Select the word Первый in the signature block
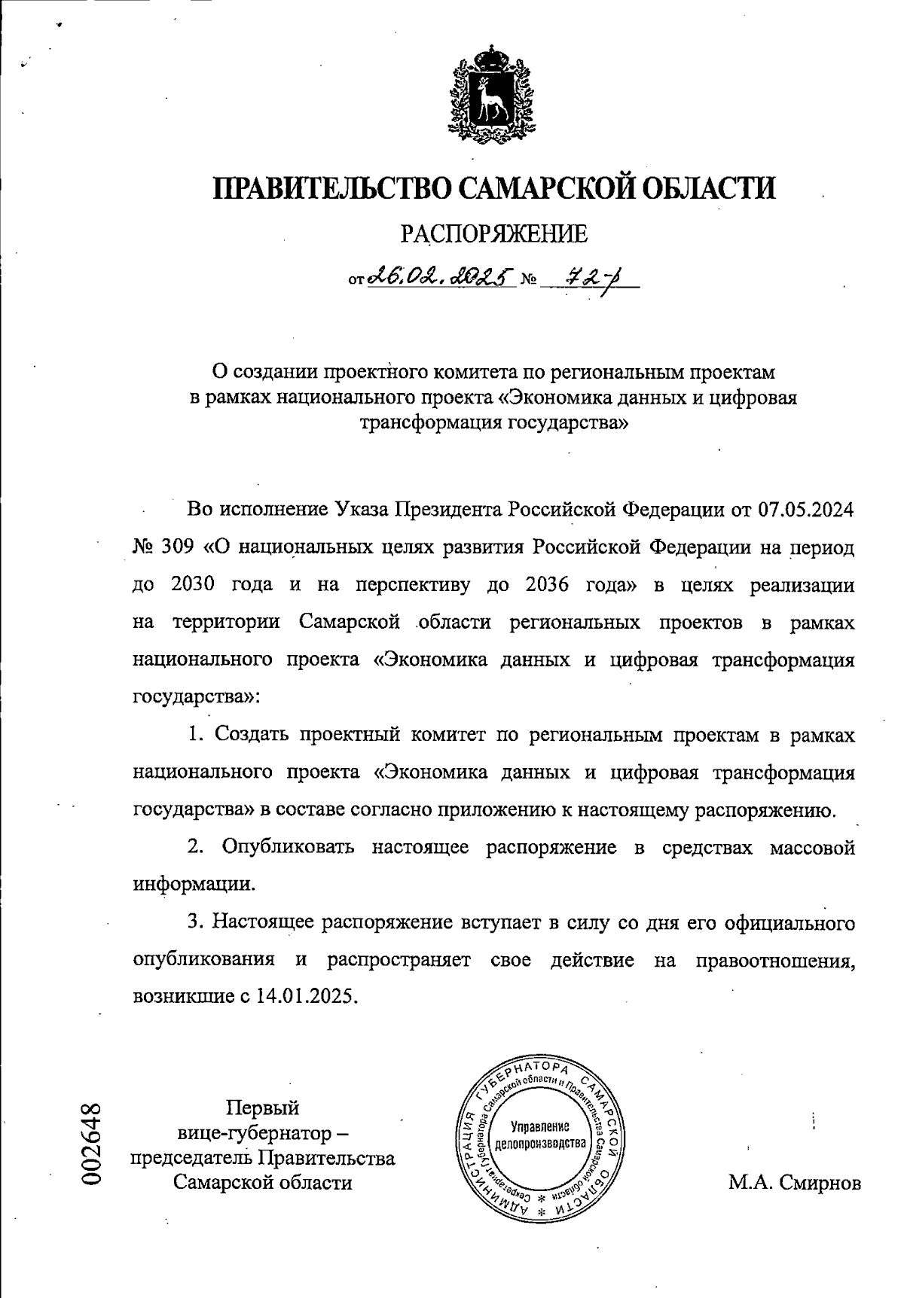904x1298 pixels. point(263,1108)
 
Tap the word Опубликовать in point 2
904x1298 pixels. point(287,847)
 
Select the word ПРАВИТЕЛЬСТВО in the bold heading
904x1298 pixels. point(329,187)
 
